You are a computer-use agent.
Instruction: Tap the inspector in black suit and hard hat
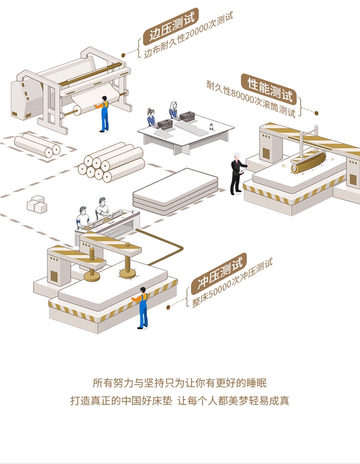pyautogui.click(x=237, y=173)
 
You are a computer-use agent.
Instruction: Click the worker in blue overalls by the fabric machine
pyautogui.click(x=104, y=114)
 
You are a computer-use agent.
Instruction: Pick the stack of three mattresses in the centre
pyautogui.click(x=175, y=190)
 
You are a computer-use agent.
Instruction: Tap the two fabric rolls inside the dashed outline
pyautogui.click(x=37, y=146)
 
